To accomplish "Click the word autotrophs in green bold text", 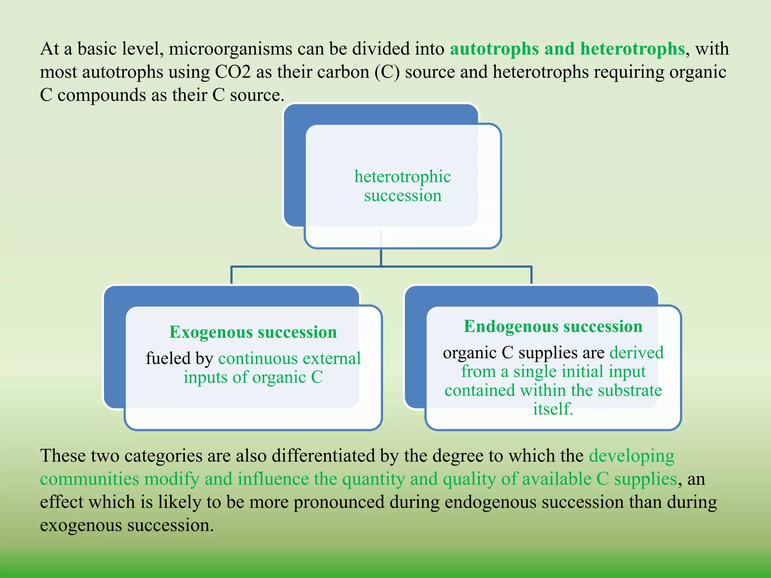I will click(x=494, y=49).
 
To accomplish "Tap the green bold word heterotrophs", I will click(x=632, y=49).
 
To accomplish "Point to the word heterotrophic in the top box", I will click(x=402, y=176).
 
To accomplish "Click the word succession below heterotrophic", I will click(x=402, y=196).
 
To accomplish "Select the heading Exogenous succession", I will click(x=253, y=332).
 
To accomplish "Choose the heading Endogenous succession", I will click(x=553, y=326).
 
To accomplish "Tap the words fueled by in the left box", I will click(x=180, y=358).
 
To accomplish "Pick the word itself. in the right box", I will click(x=553, y=409).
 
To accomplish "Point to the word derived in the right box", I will click(x=637, y=353).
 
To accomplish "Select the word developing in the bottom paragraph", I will click(x=632, y=456).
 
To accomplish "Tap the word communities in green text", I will click(x=90, y=479).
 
